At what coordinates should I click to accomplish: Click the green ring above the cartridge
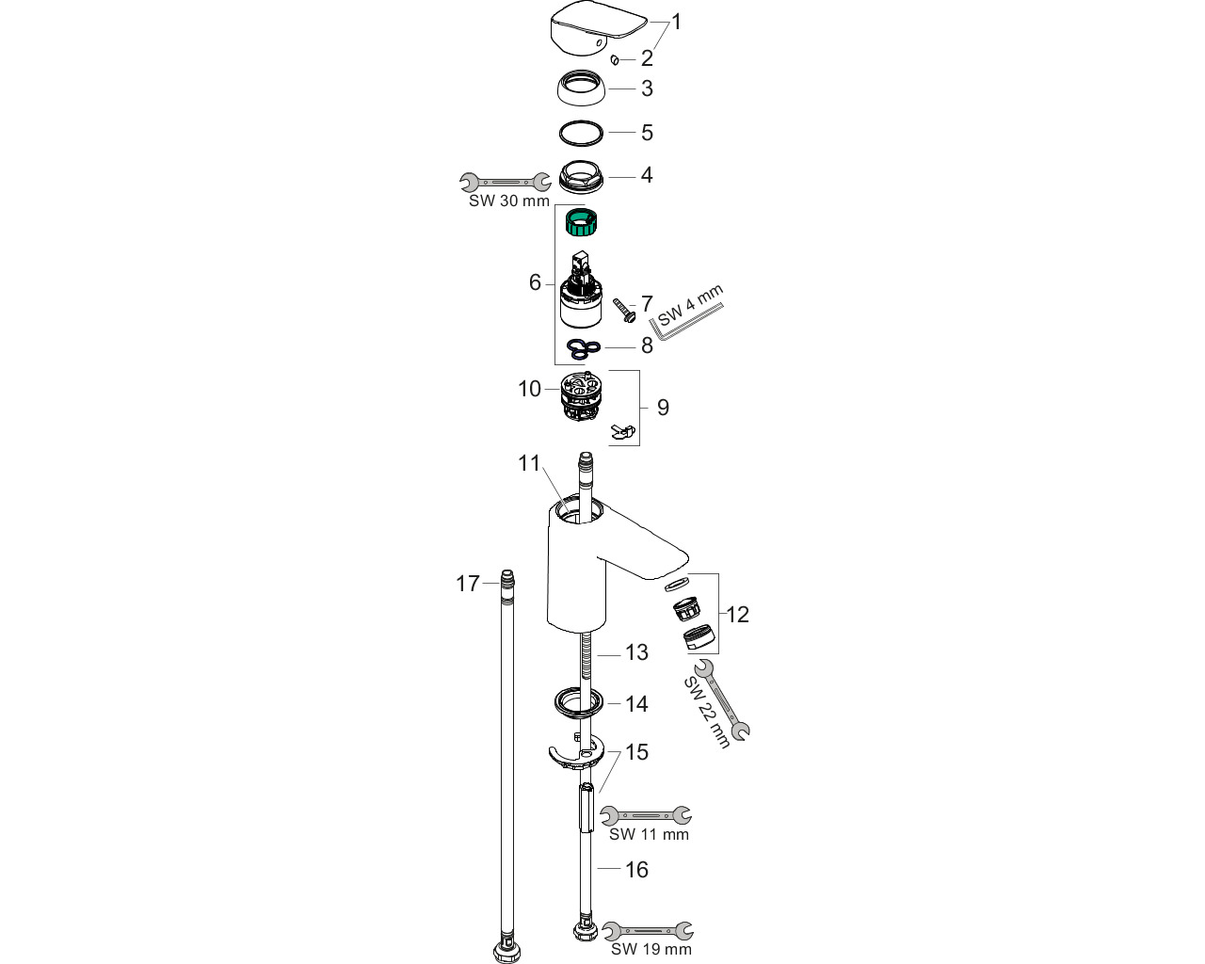[x=582, y=220]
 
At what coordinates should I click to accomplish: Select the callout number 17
[x=468, y=584]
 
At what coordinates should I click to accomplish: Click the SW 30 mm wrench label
[x=509, y=201]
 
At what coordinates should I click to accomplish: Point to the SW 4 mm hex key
[x=686, y=323]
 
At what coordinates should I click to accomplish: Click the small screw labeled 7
[x=624, y=310]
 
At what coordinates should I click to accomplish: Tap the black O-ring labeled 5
[x=582, y=134]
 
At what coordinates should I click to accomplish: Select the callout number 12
[x=737, y=615]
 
